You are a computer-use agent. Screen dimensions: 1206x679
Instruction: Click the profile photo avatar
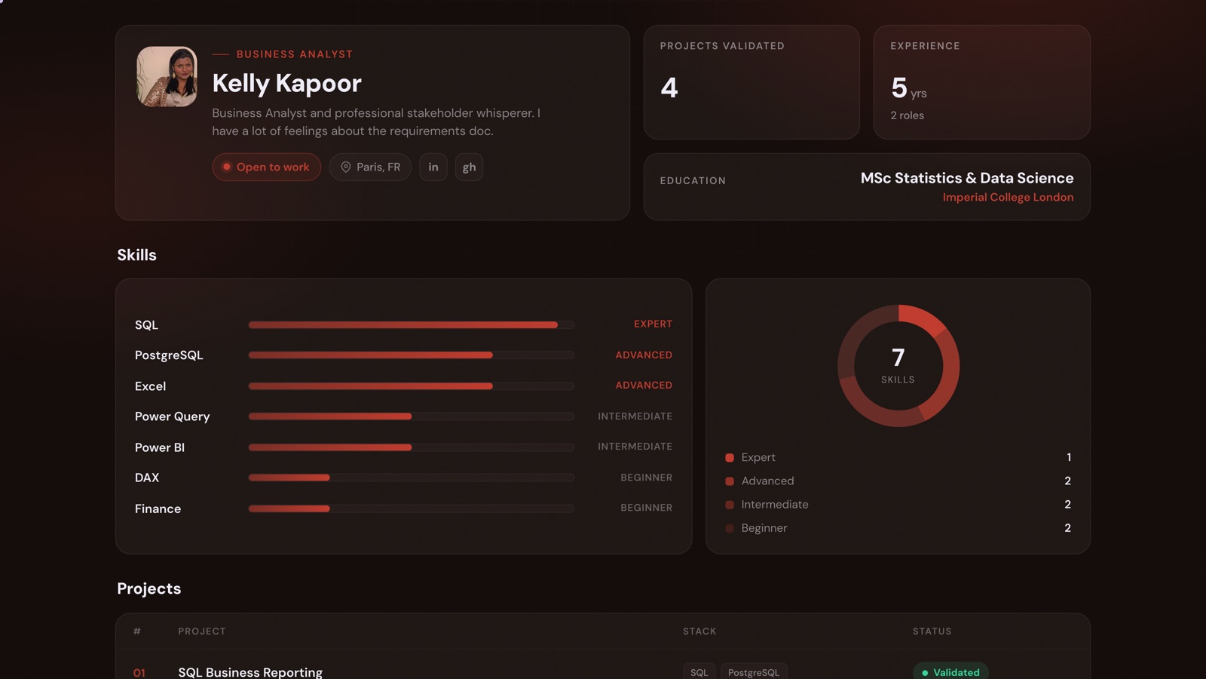(x=167, y=76)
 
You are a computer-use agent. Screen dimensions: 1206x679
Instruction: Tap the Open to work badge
(x=267, y=167)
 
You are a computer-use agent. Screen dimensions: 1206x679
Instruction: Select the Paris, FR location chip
(x=370, y=167)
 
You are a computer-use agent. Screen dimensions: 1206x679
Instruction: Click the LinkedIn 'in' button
(x=433, y=167)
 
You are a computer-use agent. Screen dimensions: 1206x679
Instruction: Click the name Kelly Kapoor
(x=286, y=84)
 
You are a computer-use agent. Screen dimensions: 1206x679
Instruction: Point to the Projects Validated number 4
(x=669, y=88)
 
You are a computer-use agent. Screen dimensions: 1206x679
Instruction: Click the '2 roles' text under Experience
(x=908, y=115)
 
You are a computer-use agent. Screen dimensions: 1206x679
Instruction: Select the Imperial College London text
(x=1008, y=197)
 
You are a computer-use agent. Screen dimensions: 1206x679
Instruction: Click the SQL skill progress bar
(x=412, y=325)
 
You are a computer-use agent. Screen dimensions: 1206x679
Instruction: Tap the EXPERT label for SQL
(x=653, y=324)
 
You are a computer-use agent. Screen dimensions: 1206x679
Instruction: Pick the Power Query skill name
(x=173, y=416)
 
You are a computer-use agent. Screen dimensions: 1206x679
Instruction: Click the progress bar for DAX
(x=412, y=478)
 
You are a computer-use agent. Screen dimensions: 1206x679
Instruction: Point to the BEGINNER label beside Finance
(x=646, y=508)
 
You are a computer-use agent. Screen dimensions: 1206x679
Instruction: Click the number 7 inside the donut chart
(x=898, y=358)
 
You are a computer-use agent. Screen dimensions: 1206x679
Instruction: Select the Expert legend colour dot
(x=730, y=457)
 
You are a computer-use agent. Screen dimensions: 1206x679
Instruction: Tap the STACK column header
(x=699, y=631)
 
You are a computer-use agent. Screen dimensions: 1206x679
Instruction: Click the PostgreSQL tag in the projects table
(x=754, y=672)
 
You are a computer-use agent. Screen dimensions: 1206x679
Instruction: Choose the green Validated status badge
(x=950, y=671)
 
